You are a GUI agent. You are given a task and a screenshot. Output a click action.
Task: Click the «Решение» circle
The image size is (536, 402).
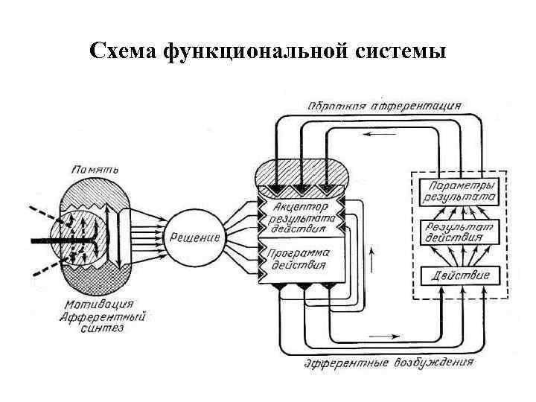(x=194, y=237)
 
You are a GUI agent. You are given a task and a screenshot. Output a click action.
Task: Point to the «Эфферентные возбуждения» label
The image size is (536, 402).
(x=389, y=363)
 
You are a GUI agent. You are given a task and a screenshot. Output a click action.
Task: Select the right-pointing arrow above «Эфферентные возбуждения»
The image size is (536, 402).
(x=384, y=336)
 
